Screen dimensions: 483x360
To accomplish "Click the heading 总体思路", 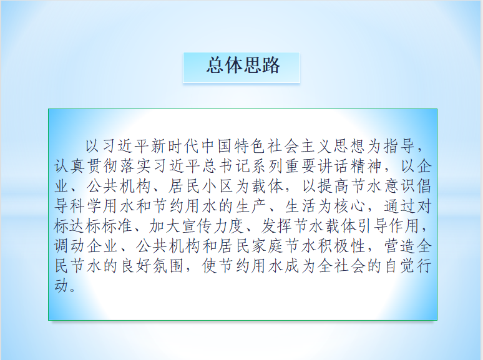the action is (243, 66).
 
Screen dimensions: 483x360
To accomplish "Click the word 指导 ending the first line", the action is (399, 146).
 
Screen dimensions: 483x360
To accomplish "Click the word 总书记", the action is (227, 167).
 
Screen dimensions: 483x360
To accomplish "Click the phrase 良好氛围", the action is (153, 266).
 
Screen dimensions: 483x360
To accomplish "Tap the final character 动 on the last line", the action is (62, 286).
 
